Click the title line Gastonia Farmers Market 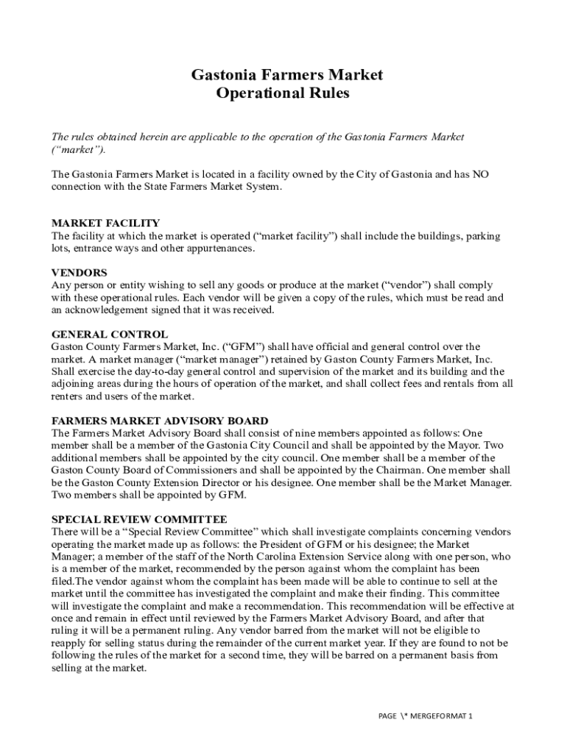pyautogui.click(x=287, y=74)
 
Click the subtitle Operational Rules pyautogui.click(x=283, y=93)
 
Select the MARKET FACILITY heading pyautogui.click(x=105, y=223)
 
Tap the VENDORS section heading pyautogui.click(x=79, y=272)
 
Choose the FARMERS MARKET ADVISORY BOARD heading pyautogui.click(x=160, y=421)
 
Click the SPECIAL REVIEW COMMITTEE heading pyautogui.click(x=139, y=518)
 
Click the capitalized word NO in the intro pyautogui.click(x=480, y=174)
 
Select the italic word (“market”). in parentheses pyautogui.click(x=79, y=149)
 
